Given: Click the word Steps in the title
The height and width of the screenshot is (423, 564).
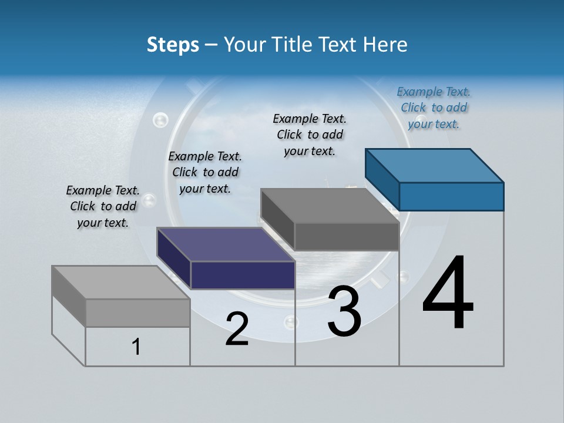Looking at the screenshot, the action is (173, 45).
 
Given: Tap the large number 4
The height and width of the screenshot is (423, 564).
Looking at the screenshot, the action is (448, 294).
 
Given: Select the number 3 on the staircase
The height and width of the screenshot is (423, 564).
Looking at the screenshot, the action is (344, 311).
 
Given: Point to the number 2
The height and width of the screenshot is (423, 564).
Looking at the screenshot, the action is (237, 329).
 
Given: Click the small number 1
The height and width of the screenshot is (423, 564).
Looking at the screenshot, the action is (136, 347).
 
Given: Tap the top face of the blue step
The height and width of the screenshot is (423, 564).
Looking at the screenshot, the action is (435, 165).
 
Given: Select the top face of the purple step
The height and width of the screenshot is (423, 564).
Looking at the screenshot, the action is (226, 244).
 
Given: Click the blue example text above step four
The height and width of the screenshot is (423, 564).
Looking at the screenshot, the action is (434, 108).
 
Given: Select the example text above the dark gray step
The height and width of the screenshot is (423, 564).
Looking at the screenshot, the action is (310, 135).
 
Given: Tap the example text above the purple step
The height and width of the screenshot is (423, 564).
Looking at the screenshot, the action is (205, 172).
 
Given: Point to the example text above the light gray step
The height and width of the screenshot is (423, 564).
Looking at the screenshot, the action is (103, 206).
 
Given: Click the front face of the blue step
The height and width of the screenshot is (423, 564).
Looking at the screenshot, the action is (451, 196).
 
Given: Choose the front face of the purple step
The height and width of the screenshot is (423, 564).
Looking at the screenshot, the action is (243, 275).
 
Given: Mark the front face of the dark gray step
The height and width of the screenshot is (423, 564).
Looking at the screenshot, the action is (347, 237).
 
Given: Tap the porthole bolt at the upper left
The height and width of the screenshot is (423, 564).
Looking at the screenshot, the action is (160, 120).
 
